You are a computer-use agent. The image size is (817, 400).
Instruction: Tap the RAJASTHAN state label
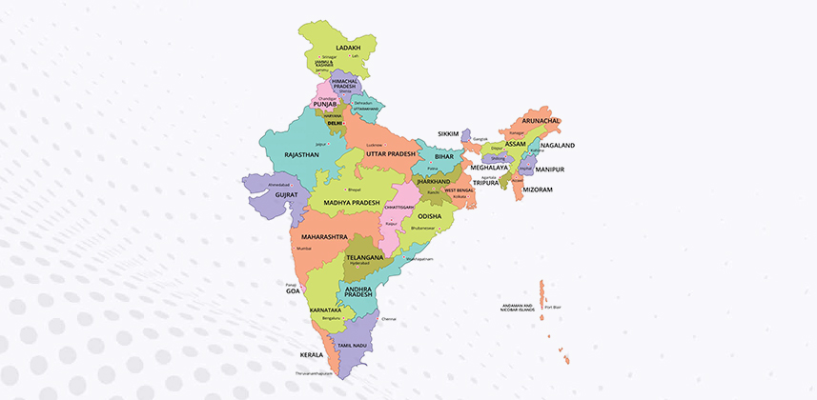(302, 154)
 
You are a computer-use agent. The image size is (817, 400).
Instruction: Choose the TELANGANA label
(364, 257)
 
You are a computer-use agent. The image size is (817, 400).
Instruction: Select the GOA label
(292, 292)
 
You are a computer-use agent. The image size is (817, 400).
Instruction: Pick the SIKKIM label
(448, 133)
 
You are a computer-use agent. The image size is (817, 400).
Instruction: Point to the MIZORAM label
(563, 190)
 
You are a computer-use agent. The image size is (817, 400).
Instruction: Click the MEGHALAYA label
(489, 167)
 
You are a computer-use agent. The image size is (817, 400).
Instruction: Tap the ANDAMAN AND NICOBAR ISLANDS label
(520, 308)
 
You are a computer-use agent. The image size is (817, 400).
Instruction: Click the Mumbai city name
(304, 248)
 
